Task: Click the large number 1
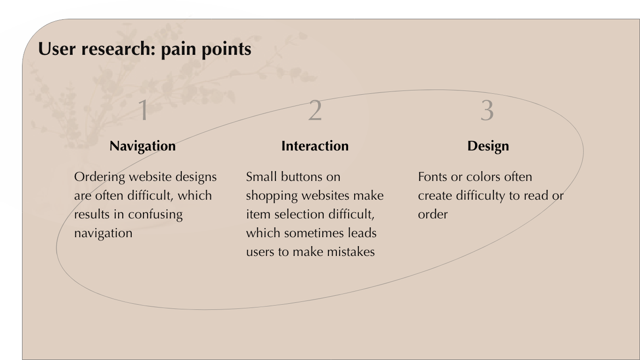[144, 111]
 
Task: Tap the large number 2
[315, 111]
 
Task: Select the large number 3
[487, 111]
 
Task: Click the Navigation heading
[142, 146]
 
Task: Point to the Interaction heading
[315, 146]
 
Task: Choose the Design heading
[488, 146]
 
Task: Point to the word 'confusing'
[155, 214]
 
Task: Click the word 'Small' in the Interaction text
[261, 177]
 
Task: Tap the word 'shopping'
[272, 196]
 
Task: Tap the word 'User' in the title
[55, 49]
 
